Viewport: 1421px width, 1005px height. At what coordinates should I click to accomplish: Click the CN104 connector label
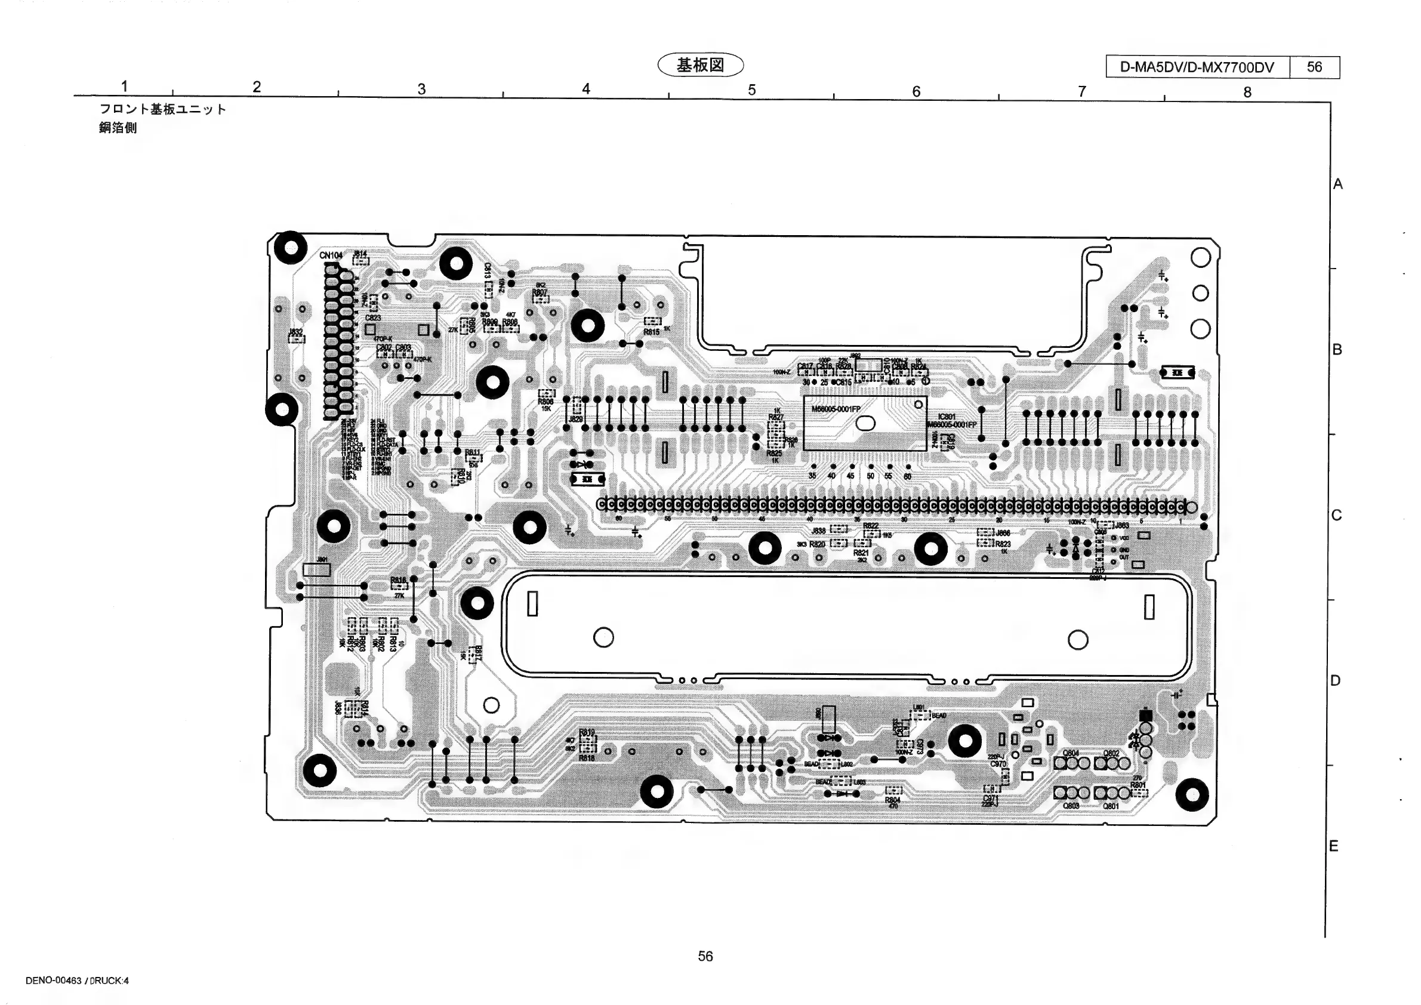pyautogui.click(x=331, y=255)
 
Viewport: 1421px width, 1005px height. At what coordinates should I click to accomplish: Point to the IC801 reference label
pyautogui.click(x=947, y=417)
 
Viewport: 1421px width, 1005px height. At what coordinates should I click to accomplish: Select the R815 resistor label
pyautogui.click(x=651, y=332)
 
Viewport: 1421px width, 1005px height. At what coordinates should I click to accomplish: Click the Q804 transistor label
pyautogui.click(x=1070, y=753)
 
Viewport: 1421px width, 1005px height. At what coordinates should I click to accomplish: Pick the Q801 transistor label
pyautogui.click(x=1111, y=806)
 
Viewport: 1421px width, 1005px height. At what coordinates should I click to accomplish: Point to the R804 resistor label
pyautogui.click(x=892, y=800)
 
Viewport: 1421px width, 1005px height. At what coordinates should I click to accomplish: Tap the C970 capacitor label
pyautogui.click(x=998, y=764)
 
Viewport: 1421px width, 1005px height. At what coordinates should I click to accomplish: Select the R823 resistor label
pyautogui.click(x=1003, y=543)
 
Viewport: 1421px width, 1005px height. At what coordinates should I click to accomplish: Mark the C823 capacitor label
pyautogui.click(x=372, y=317)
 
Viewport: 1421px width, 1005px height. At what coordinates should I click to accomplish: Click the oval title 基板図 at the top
pyautogui.click(x=700, y=66)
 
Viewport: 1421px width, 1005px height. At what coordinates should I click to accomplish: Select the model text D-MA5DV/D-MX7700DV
pyautogui.click(x=1197, y=67)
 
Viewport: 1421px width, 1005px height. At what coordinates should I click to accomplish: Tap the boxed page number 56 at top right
pyautogui.click(x=1315, y=67)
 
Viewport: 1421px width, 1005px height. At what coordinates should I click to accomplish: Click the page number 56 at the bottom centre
pyautogui.click(x=705, y=956)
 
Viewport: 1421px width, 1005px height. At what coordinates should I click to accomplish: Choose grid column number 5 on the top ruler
pyautogui.click(x=751, y=90)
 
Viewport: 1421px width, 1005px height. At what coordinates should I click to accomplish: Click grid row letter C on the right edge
pyautogui.click(x=1336, y=515)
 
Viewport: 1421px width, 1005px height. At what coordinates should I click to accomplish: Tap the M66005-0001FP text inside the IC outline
pyautogui.click(x=836, y=409)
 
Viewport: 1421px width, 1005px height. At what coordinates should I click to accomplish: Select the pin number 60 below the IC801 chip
pyautogui.click(x=907, y=476)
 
